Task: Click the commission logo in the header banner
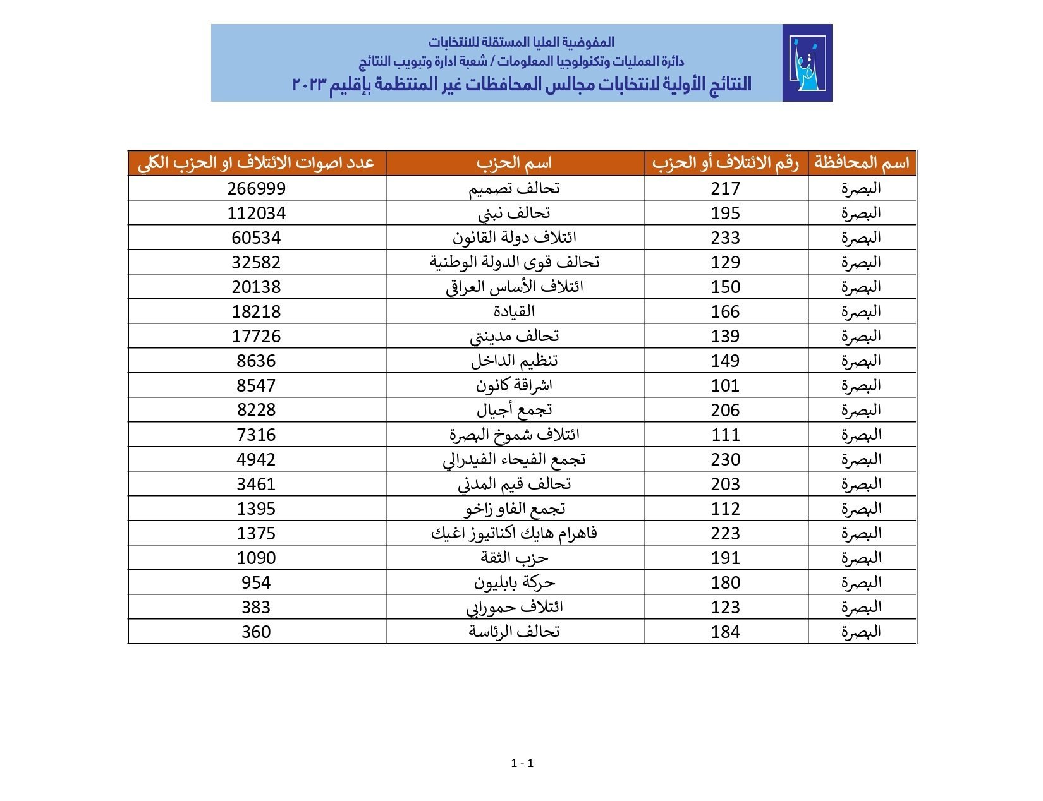(807, 63)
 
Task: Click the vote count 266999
(256, 188)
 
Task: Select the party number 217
(725, 188)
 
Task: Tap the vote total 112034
(256, 213)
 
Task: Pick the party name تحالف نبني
(514, 213)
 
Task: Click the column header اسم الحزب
(514, 163)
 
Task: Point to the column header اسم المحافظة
(862, 163)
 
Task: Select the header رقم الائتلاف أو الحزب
(726, 163)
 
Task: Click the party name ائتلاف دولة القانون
(514, 238)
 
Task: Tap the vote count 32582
(256, 262)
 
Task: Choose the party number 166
(725, 311)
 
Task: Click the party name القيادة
(514, 311)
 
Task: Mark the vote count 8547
(256, 385)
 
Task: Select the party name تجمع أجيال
(514, 410)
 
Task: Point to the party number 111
(725, 435)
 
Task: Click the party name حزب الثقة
(514, 558)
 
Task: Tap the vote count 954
(256, 582)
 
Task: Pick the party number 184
(725, 632)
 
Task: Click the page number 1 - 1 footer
(522, 763)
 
